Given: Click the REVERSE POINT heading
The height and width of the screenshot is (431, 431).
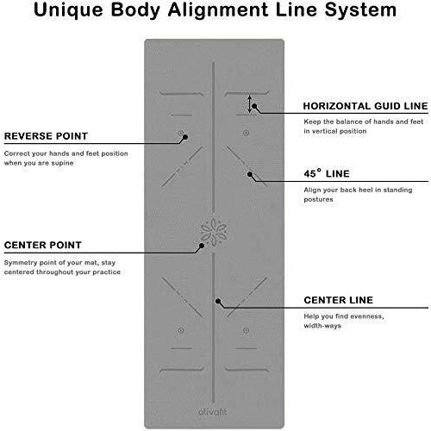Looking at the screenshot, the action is click(46, 136).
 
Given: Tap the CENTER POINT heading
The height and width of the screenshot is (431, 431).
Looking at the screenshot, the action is click(43, 245).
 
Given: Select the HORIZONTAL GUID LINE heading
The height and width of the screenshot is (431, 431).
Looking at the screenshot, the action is click(365, 106).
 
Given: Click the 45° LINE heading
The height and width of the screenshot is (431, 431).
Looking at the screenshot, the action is click(327, 173).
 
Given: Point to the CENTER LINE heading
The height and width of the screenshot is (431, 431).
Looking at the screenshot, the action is click(339, 300).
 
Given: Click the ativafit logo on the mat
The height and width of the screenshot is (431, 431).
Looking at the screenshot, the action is click(212, 412).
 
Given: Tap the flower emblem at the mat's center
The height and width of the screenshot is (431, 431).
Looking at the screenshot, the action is click(213, 232).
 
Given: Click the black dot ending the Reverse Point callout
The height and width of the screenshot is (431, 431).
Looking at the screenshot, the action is click(185, 137).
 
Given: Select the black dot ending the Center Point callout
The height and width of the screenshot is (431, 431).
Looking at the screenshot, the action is click(202, 246).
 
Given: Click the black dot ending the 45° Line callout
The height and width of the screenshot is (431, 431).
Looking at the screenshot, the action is click(250, 174).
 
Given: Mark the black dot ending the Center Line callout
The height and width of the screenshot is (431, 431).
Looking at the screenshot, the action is click(218, 301).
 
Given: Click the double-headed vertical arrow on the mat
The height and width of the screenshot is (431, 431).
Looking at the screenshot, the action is click(250, 104).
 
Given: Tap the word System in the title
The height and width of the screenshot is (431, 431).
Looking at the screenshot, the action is click(360, 10).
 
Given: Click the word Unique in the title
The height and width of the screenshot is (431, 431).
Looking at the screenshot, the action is click(68, 10).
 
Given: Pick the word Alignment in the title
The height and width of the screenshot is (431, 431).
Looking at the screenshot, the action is click(218, 10).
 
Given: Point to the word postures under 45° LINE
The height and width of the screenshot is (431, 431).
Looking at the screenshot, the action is click(318, 199).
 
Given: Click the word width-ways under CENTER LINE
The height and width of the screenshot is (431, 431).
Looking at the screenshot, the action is click(322, 326).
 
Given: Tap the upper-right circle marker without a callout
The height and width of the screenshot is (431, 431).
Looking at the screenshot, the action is click(246, 133).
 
